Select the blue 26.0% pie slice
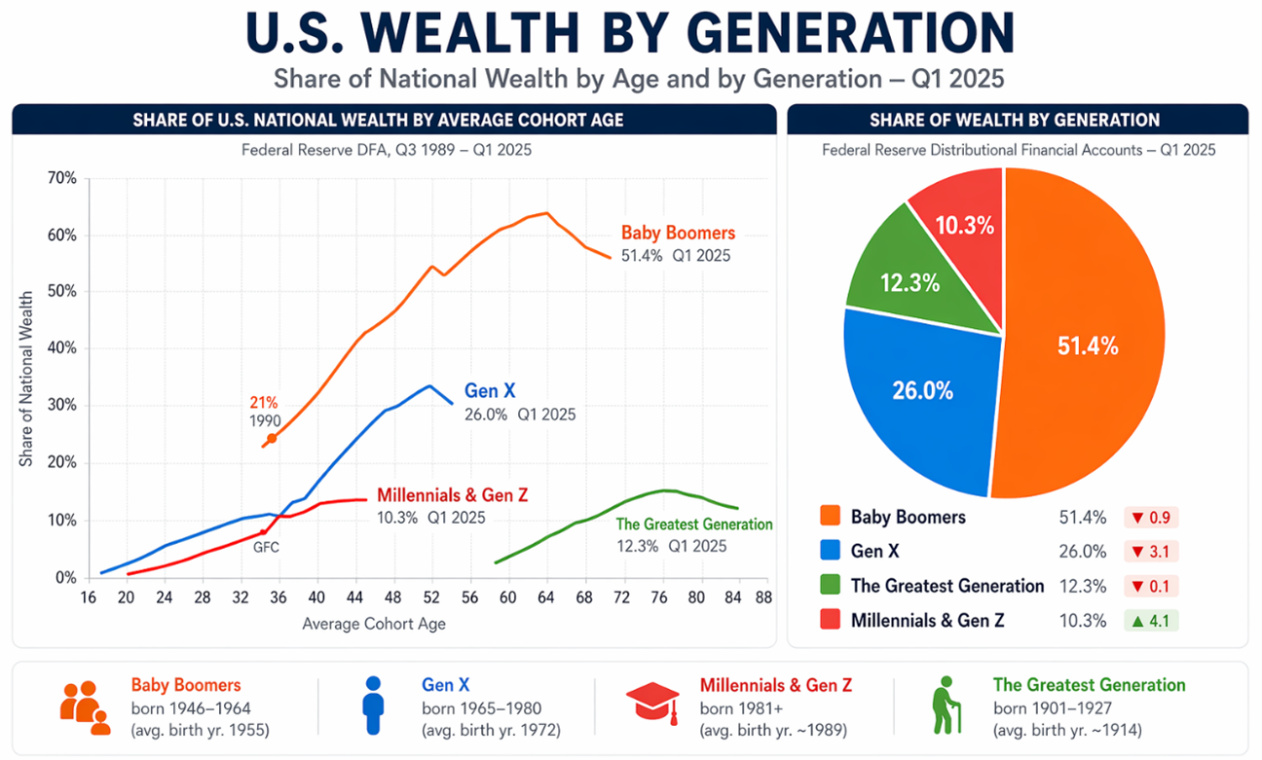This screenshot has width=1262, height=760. click(x=924, y=394)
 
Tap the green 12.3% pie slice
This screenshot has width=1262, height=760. click(x=912, y=275)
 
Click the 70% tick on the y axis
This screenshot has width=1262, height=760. click(x=62, y=178)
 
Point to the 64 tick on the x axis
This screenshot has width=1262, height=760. click(x=546, y=597)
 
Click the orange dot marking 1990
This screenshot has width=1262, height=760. click(x=272, y=438)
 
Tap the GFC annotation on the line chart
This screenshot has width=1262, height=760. click(x=266, y=547)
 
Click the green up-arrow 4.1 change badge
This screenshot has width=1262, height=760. click(x=1151, y=621)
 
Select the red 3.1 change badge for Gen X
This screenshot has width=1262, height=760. click(x=1151, y=551)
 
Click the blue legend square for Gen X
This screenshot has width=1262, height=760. click(x=830, y=550)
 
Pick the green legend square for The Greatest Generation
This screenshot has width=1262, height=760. click(x=830, y=585)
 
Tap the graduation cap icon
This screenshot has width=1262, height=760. click(x=652, y=703)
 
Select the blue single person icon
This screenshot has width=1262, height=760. click(x=373, y=706)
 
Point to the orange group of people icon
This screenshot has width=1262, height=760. click(x=85, y=708)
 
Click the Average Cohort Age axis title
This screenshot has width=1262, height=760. click(x=374, y=624)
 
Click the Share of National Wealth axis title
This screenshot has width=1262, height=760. click(x=26, y=379)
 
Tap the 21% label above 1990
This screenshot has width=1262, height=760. click(x=264, y=403)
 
